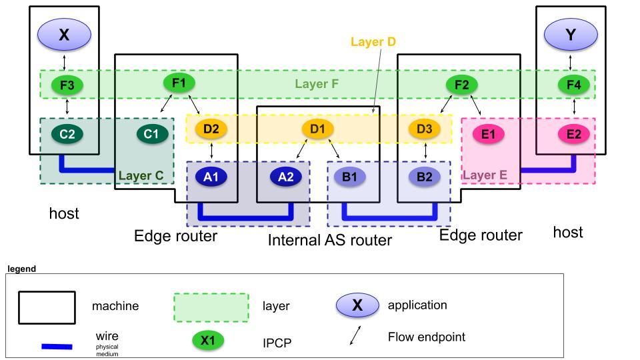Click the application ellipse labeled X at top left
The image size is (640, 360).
pos(64,35)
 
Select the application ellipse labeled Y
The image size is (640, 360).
pos(571,35)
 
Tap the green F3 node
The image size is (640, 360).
pos(67,85)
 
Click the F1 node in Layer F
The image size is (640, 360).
pos(179,83)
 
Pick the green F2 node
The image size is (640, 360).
pos(461,85)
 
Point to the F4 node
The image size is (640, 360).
pos(573,85)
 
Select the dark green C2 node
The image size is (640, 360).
pos(67,134)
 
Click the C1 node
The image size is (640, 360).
pos(152,134)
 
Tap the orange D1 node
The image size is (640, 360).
pos(318,129)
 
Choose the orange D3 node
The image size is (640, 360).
pos(425,129)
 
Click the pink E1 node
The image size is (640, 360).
pos(488,134)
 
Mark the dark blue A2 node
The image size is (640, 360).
pos(286,177)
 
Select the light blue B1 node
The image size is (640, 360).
pos(350,177)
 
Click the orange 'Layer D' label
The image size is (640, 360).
pos(373,42)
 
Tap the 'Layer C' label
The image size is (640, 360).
pos(141,176)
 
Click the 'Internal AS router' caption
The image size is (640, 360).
pos(329,240)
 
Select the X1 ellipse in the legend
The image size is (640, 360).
pos(208,341)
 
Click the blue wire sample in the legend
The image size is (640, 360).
pos(57,346)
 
